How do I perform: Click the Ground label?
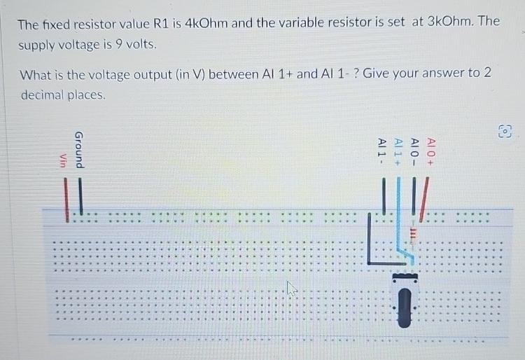point(80,149)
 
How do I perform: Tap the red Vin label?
point(62,160)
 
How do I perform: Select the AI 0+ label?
point(431,151)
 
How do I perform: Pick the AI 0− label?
point(414,151)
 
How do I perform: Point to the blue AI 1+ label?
point(398,151)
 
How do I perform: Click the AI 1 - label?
point(382,151)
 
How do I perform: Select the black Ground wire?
point(81,195)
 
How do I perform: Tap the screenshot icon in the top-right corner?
point(505,132)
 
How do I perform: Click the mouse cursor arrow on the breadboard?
point(292,288)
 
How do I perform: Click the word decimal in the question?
point(43,95)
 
